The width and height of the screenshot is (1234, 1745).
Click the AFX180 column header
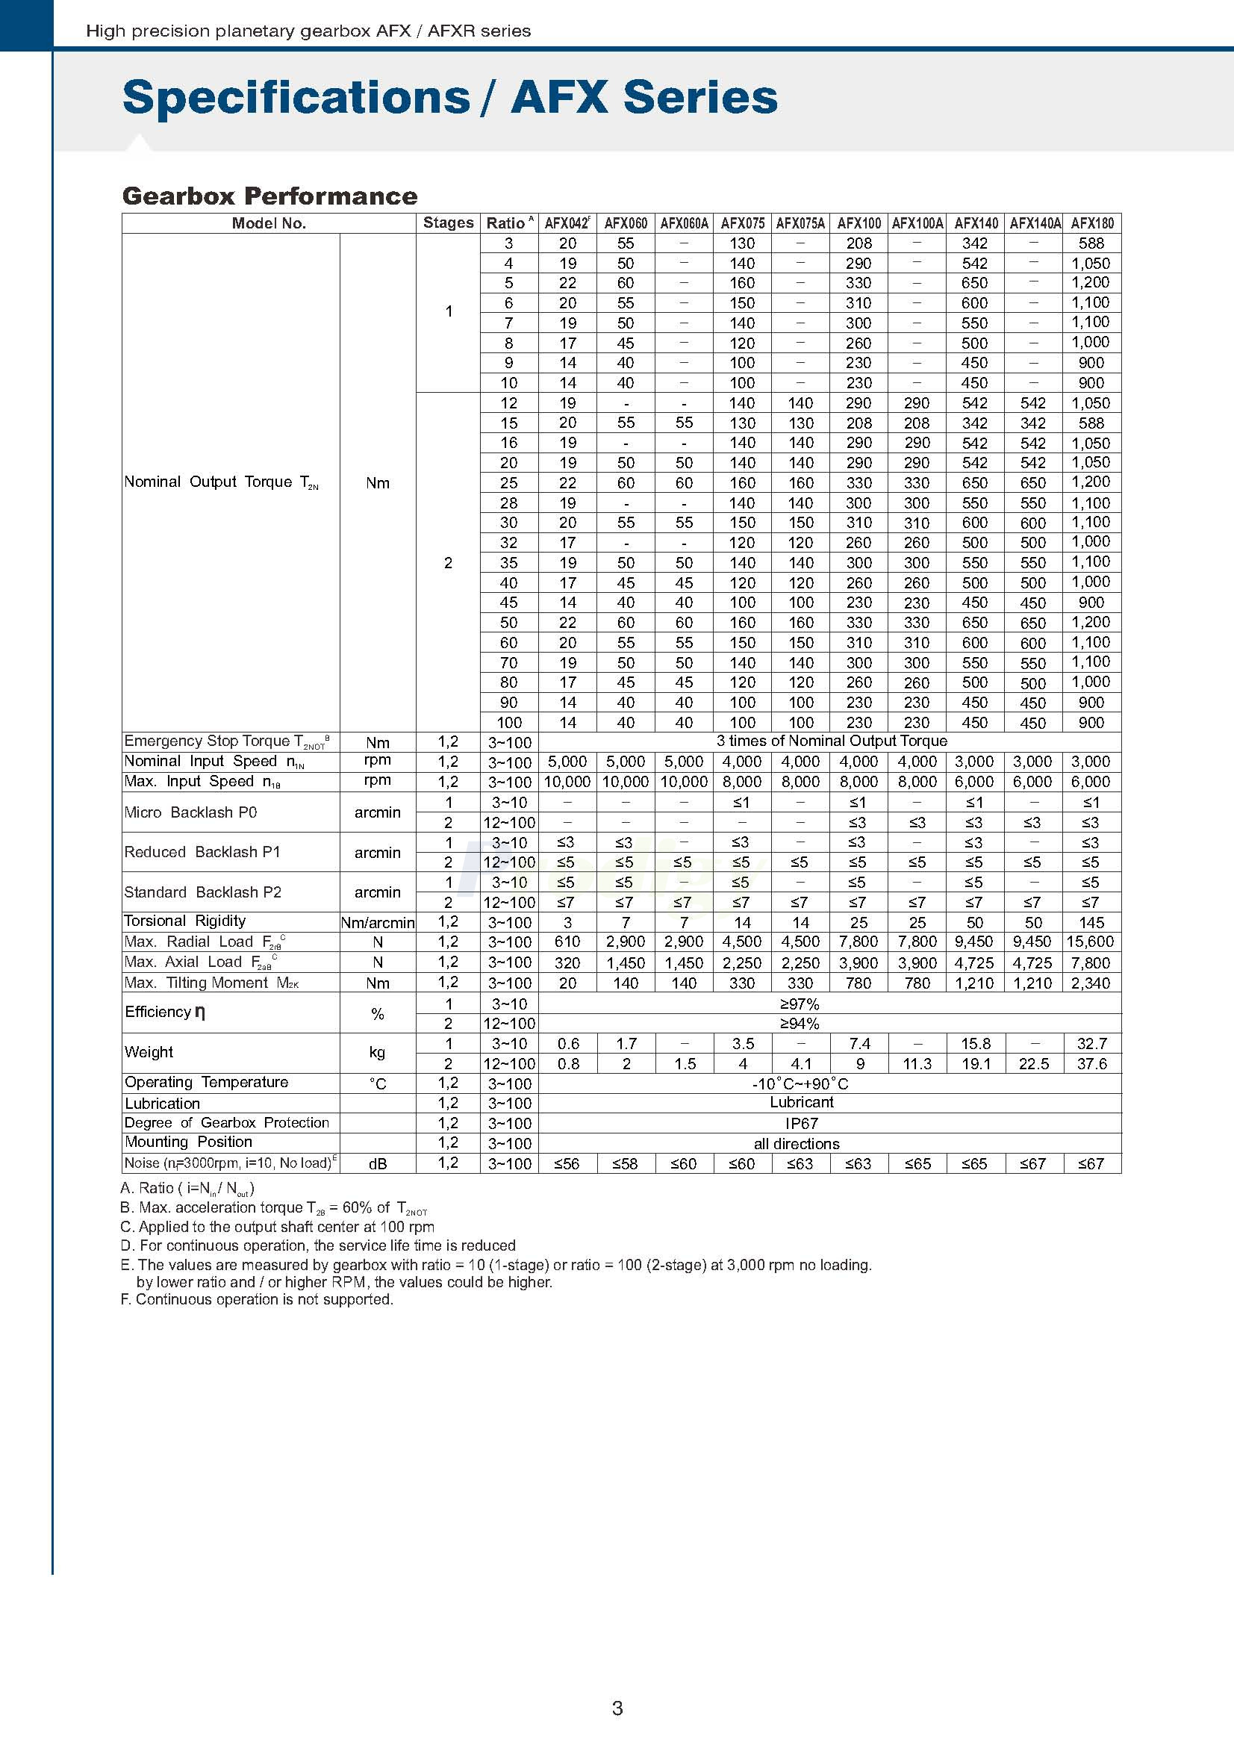[x=1092, y=223]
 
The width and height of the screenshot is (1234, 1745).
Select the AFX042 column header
[x=567, y=223]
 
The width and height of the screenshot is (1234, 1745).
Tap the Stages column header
[x=449, y=223]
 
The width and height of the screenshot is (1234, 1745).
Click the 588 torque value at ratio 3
[x=1091, y=243]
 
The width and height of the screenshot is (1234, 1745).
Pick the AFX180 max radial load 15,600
[x=1091, y=942]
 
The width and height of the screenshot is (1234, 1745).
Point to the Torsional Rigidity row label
[x=185, y=921]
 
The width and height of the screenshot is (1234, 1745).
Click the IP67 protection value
[x=802, y=1123]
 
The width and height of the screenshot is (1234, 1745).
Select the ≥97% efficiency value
[x=800, y=1004]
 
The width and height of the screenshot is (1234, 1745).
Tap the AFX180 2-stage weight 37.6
[x=1092, y=1064]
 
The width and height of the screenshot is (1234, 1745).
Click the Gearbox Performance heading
[x=269, y=196]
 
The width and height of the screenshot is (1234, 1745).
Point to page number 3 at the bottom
[x=617, y=1708]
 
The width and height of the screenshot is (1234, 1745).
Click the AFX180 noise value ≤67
[x=1091, y=1163]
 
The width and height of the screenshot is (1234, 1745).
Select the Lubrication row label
[x=163, y=1104]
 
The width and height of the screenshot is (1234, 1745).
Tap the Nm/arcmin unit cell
[x=378, y=923]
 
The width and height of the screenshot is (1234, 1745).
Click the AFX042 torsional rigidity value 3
[x=567, y=923]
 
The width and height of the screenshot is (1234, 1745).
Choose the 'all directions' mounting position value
[x=797, y=1144]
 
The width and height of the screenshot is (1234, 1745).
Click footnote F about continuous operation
[x=257, y=1300]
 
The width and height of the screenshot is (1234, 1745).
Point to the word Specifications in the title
[x=296, y=97]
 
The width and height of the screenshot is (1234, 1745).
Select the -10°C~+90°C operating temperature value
[x=800, y=1083]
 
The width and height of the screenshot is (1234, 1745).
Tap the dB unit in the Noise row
[x=378, y=1163]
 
